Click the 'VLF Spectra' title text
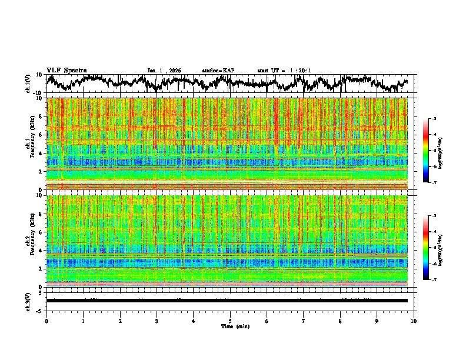pyautogui.click(x=66, y=70)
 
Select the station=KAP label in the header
pyautogui.click(x=218, y=71)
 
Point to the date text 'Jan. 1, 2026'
pyautogui.click(x=164, y=71)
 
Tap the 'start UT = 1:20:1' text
pyautogui.click(x=284, y=71)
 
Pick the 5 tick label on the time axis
pyautogui.click(x=230, y=321)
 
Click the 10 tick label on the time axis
pyautogui.click(x=414, y=321)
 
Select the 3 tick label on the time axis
pyautogui.click(x=157, y=321)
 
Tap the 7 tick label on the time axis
pyautogui.click(x=304, y=321)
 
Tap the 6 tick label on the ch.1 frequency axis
pyautogui.click(x=39, y=135)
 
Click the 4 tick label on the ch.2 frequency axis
pyautogui.click(x=39, y=250)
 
